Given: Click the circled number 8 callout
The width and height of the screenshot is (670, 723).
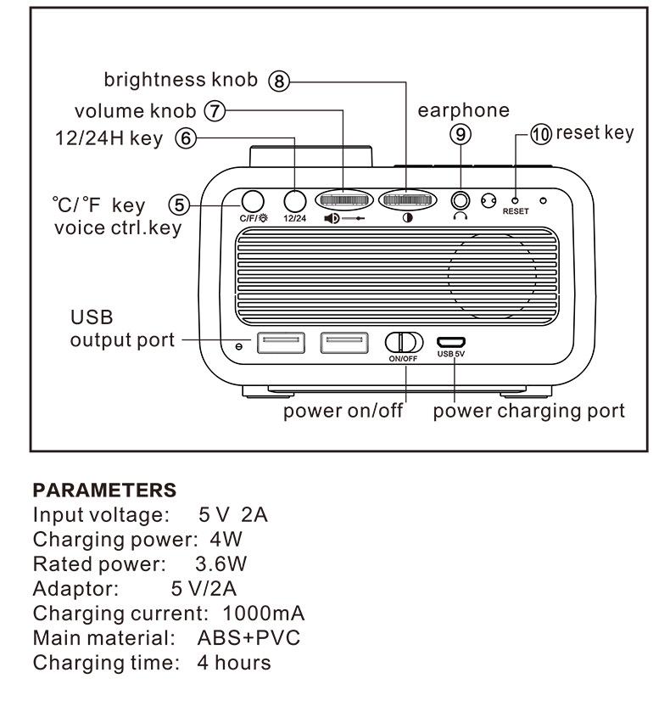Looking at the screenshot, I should tap(279, 81).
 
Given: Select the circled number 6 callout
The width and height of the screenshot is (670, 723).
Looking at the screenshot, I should tap(185, 138).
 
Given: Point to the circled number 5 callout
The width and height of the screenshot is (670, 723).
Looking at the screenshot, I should tap(177, 204).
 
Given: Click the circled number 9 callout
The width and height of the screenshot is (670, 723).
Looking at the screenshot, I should tap(461, 134).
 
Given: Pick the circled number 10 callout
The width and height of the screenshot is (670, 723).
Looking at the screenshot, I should tap(540, 134).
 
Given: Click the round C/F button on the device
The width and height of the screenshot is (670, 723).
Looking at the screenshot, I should tap(252, 200).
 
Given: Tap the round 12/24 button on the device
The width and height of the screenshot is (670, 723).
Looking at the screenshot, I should tap(294, 200).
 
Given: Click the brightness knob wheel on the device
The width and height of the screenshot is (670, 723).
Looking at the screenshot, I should tap(406, 200).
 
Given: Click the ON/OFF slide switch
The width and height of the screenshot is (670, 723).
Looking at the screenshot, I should tap(404, 342).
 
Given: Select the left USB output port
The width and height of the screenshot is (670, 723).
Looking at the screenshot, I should tap(281, 343).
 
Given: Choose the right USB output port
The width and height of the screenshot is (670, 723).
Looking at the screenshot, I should tap(344, 343).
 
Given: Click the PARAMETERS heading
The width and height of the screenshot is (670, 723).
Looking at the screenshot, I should tap(104, 490).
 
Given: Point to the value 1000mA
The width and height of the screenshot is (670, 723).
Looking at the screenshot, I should tap(263, 613).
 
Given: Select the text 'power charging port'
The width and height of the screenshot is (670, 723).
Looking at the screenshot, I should tap(528, 412).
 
